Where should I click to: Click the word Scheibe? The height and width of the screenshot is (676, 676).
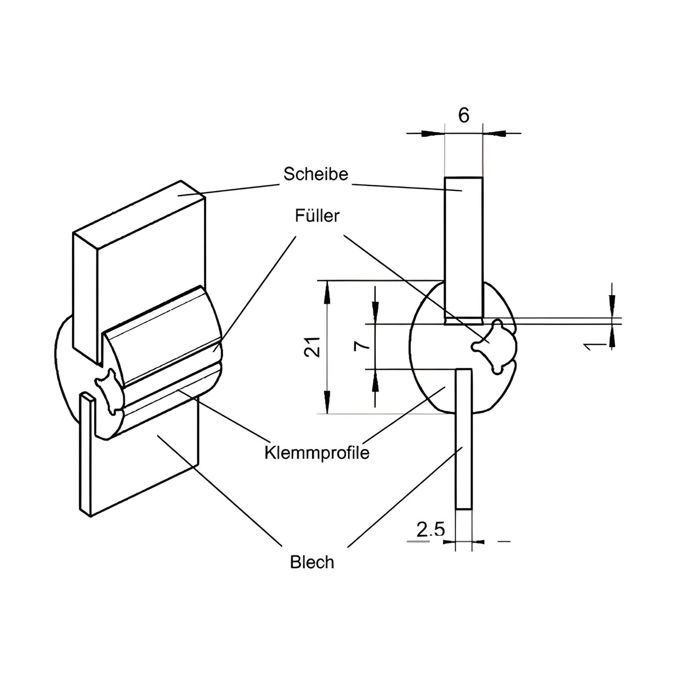coord(315,174)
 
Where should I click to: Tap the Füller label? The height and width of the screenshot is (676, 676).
coord(317,216)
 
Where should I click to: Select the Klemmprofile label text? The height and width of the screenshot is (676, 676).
coord(317,453)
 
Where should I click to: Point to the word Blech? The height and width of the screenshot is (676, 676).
coord(312,562)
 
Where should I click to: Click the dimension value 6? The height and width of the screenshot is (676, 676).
coord(464,115)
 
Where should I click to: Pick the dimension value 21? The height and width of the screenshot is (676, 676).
coord(312,347)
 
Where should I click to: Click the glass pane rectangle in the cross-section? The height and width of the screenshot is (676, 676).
coord(464,251)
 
